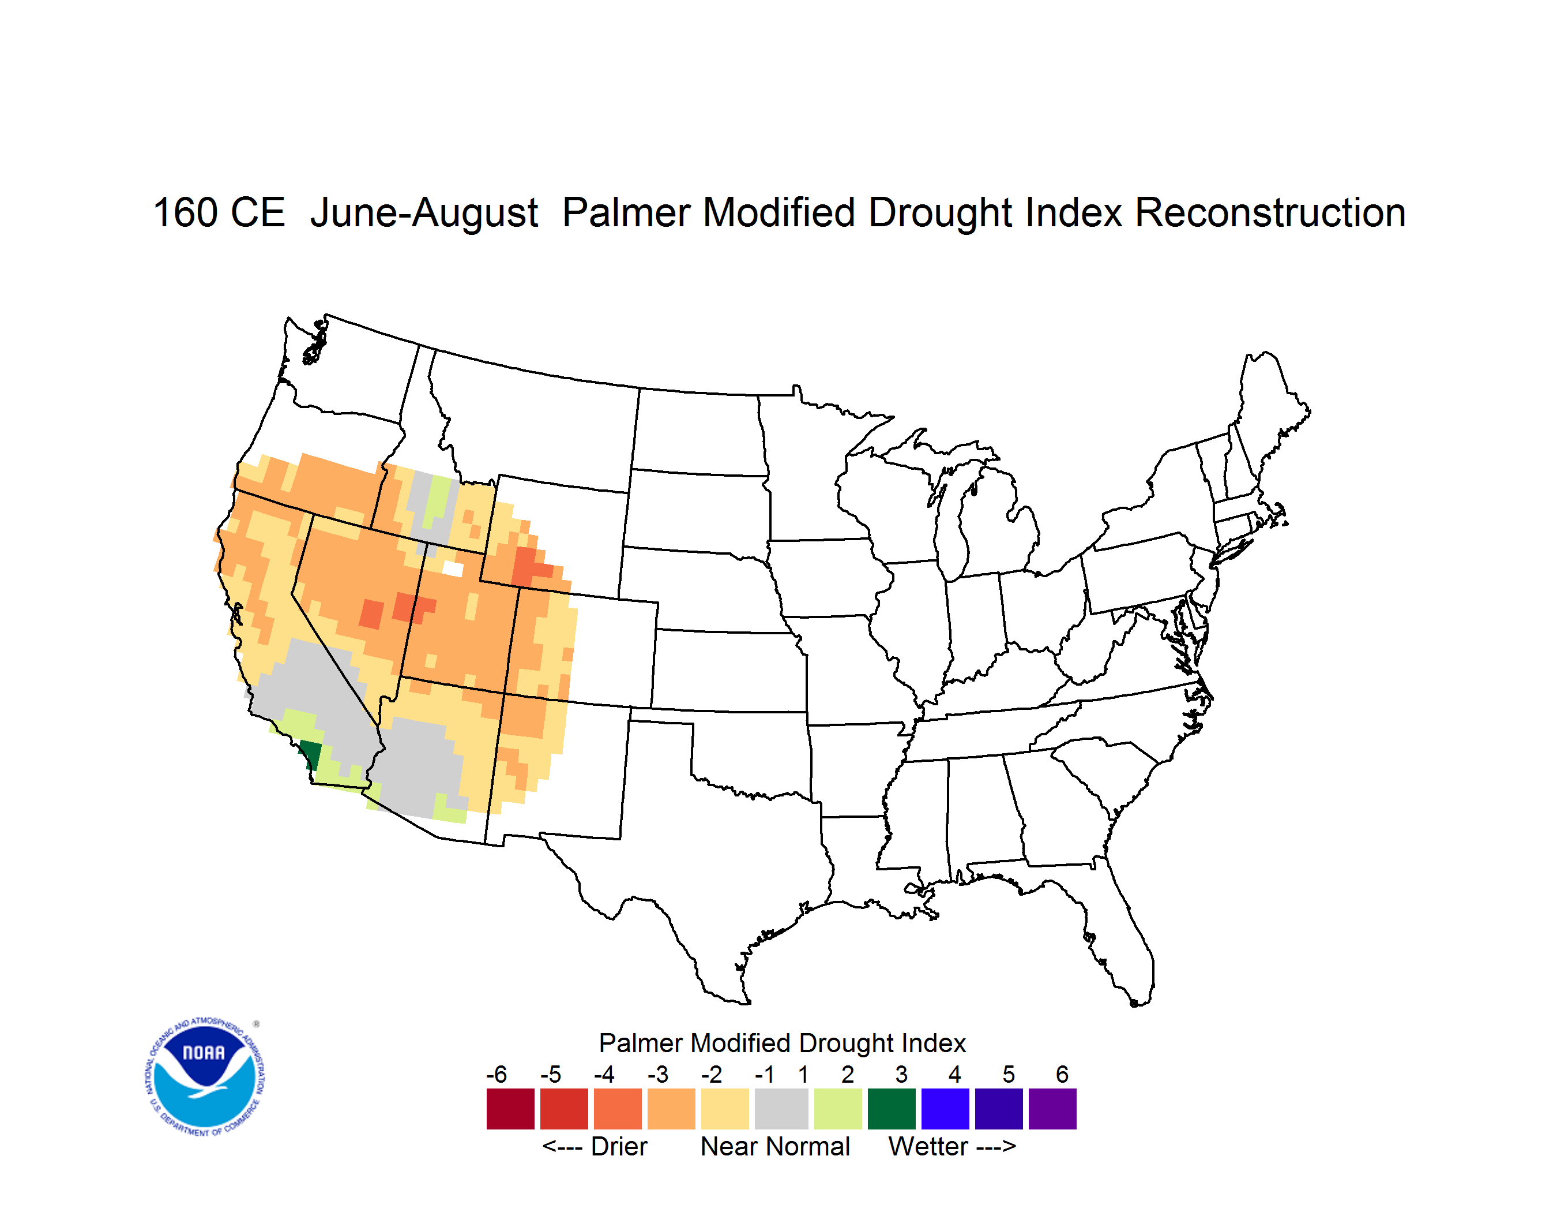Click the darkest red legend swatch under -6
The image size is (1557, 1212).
[510, 1109]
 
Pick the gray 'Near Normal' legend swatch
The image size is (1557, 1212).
[781, 1109]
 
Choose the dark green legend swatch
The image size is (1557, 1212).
[891, 1109]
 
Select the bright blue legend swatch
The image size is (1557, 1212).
[945, 1109]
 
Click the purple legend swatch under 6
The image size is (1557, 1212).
[1052, 1109]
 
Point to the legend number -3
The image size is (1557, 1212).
[657, 1074]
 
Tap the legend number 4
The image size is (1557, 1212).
[954, 1074]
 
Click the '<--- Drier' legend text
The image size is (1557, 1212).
[595, 1146]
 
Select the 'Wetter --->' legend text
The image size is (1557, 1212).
[951, 1146]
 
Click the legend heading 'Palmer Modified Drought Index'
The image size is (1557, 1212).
[782, 1043]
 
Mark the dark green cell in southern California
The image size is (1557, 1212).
[310, 753]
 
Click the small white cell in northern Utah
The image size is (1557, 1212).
[453, 568]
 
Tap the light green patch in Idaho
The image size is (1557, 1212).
[438, 499]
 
